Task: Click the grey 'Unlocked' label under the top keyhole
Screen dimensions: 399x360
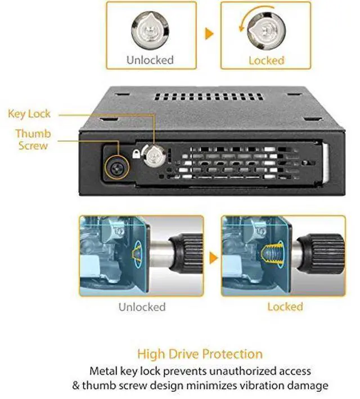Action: pos(149,60)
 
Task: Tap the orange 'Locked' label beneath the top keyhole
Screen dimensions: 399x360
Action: pos(267,60)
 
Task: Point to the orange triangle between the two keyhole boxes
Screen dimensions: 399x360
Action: pos(209,33)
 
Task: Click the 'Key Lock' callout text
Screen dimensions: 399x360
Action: pos(29,114)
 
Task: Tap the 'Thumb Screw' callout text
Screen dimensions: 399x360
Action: pos(33,139)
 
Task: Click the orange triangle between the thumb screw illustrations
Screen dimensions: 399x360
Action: pos(213,259)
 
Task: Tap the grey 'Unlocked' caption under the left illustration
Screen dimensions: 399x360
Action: pos(142,307)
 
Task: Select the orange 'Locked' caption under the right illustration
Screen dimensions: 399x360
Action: pos(285,307)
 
